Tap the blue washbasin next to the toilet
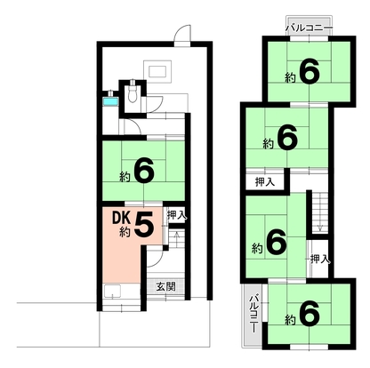110,101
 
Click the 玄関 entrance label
166,286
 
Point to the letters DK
121,219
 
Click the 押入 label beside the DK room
177,215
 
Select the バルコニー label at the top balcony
310,28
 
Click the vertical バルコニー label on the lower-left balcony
253,313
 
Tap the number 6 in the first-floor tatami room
144,170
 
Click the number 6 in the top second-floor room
310,71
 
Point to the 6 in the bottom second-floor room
310,314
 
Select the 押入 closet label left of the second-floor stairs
265,181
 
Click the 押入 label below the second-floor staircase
320,260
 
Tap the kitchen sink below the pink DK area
112,291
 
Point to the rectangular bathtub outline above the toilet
157,71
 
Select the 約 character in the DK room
125,232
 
